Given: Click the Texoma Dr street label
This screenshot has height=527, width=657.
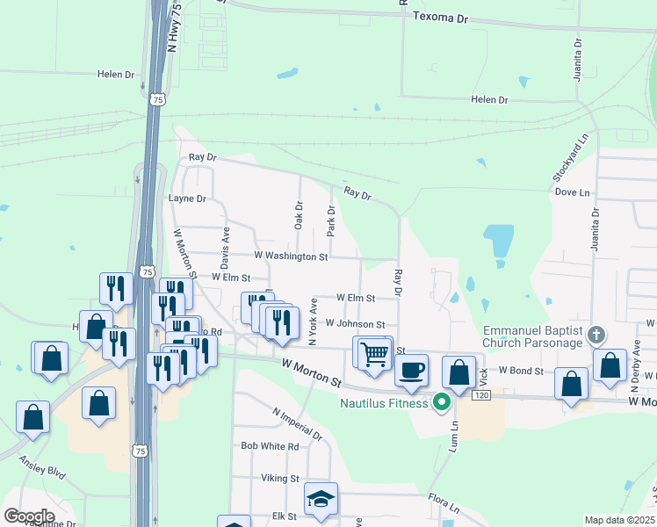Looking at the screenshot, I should coord(441,18).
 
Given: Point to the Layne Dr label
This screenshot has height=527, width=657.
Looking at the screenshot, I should coord(186,199).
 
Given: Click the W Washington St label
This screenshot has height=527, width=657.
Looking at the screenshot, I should coord(291,256).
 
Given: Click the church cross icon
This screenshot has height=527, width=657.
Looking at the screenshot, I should coord(596,335).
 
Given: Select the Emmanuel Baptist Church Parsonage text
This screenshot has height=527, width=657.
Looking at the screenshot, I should coord(532,336).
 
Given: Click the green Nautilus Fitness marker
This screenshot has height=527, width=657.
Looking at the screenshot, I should coord(442,403).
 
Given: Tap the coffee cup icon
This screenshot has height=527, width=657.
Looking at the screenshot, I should coord(411,370).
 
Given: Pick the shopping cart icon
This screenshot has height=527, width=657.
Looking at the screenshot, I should coord(375,353).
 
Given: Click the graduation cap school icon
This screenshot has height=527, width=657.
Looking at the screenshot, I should coord(321,500).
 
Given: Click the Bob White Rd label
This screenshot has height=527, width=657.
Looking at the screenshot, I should coord(271,446).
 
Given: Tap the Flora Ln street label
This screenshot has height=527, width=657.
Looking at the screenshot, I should coord(444,503).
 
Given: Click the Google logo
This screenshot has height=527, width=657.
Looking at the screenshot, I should coord(29,516).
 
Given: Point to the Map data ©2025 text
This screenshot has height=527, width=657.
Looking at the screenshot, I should coord(618,520).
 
